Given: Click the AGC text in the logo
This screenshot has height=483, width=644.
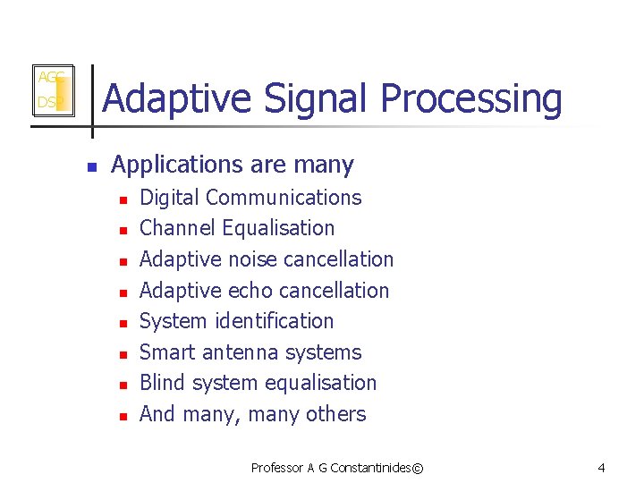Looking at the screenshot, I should [x=49, y=78].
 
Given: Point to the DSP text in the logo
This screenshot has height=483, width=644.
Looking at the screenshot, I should [x=47, y=103].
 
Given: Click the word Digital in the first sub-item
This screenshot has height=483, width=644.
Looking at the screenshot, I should [x=169, y=198].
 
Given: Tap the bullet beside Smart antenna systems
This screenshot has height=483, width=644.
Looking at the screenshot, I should [x=123, y=354].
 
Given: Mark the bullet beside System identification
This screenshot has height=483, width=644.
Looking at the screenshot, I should [x=123, y=323].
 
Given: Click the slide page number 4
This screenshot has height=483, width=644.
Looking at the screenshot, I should [x=601, y=468].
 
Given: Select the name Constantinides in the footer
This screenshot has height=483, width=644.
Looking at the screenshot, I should [x=367, y=468].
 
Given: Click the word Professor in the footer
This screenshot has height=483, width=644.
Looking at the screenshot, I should [x=277, y=468].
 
